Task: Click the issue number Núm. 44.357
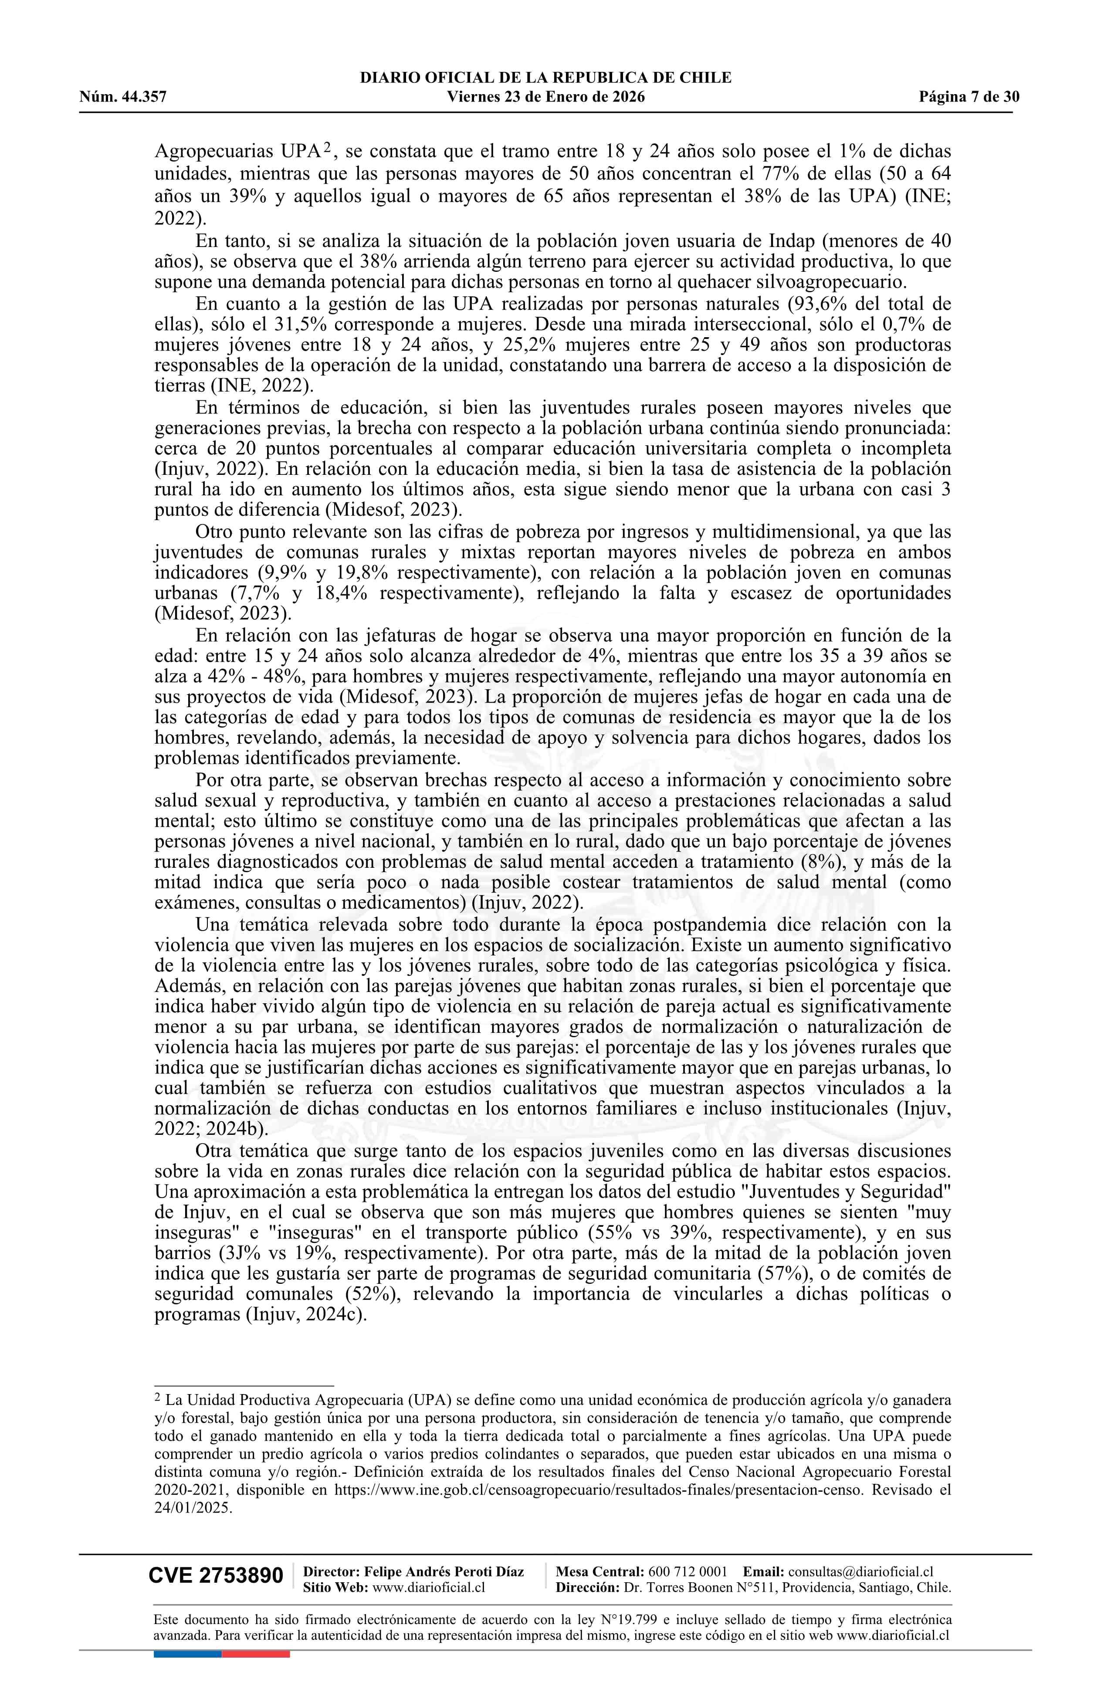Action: pyautogui.click(x=123, y=97)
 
